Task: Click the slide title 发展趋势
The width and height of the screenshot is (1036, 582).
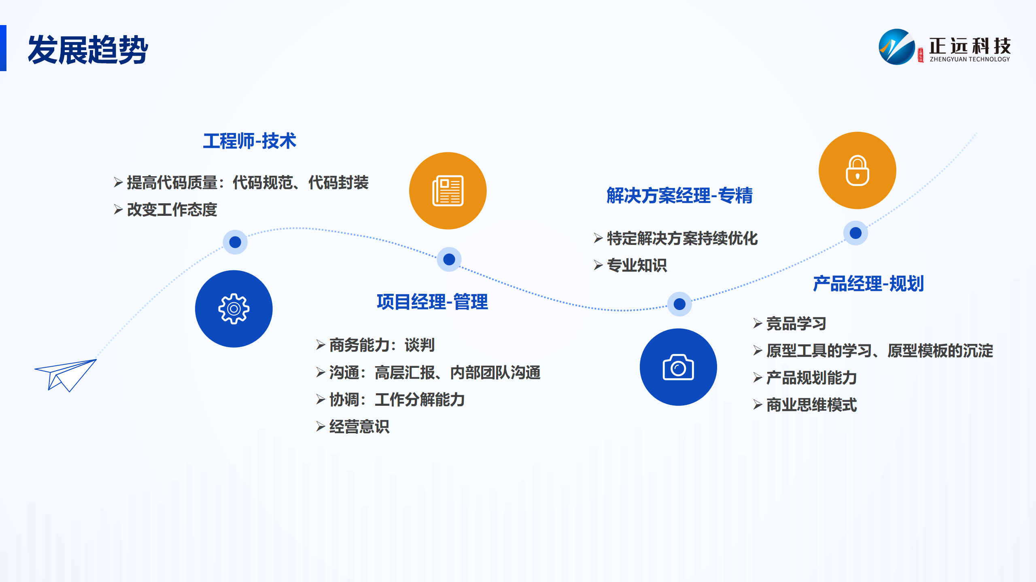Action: click(88, 50)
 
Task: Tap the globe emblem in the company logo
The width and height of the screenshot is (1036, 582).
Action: click(897, 47)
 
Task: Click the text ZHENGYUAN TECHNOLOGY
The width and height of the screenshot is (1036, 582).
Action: click(970, 59)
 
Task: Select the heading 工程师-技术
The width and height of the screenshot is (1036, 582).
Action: click(250, 141)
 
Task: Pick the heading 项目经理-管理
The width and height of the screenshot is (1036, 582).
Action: click(432, 302)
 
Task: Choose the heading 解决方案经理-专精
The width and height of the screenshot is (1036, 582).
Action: click(679, 196)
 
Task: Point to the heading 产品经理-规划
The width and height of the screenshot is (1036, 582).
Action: click(868, 284)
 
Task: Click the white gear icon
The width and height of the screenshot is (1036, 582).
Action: click(234, 309)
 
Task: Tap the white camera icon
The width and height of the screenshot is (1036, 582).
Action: click(678, 367)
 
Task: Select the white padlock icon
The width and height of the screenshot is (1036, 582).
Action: click(858, 171)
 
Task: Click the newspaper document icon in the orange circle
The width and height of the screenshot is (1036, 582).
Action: click(448, 191)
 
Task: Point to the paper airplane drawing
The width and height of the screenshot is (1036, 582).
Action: click(66, 375)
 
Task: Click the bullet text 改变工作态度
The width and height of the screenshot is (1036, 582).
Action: click(172, 210)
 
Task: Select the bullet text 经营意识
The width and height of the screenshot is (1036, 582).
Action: click(359, 427)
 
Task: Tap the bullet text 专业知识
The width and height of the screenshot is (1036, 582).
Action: click(637, 266)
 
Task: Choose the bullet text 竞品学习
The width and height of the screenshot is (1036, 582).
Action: click(796, 324)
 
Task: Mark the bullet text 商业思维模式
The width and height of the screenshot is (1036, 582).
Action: click(811, 405)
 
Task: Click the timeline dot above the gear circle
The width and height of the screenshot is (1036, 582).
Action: click(235, 242)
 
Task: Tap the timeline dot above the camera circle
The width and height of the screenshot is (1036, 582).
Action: click(679, 304)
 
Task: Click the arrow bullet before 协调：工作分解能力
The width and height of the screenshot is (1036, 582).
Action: click(321, 400)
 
